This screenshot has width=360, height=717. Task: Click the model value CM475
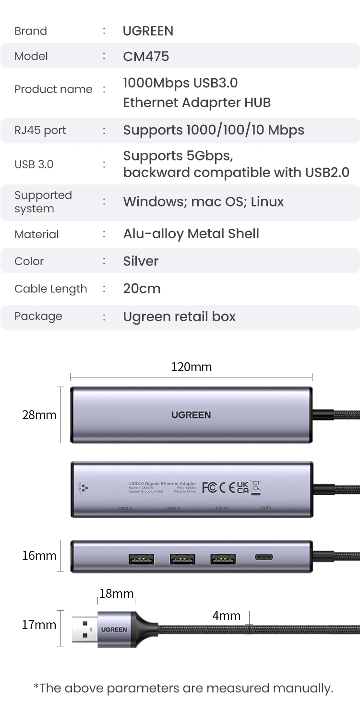146,56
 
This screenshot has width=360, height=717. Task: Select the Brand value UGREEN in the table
148,31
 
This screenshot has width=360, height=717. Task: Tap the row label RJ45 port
40,130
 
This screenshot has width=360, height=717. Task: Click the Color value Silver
141,261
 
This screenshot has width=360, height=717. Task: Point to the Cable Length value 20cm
142,289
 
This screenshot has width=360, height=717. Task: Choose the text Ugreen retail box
179,316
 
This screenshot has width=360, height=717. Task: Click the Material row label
36,234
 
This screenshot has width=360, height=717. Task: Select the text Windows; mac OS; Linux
203,201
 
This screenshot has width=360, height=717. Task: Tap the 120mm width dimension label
191,367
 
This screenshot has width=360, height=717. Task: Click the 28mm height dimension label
39,415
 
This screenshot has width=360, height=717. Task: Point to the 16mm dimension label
39,556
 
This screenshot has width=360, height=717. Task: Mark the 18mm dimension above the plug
116,594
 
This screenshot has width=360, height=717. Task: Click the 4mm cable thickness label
226,616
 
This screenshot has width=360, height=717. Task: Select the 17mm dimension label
39,625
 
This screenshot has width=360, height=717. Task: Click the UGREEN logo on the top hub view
191,415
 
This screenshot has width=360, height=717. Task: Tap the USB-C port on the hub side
264,557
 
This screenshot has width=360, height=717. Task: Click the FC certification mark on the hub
209,488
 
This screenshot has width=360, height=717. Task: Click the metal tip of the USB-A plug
84,629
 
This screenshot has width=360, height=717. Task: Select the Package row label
38,316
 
